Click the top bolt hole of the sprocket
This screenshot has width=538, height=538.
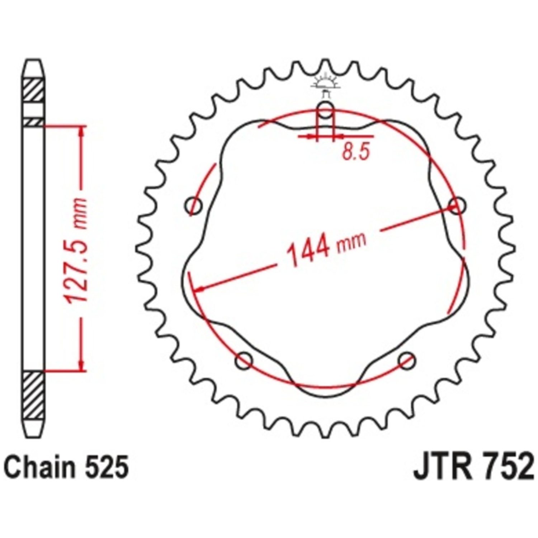[325, 110]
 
